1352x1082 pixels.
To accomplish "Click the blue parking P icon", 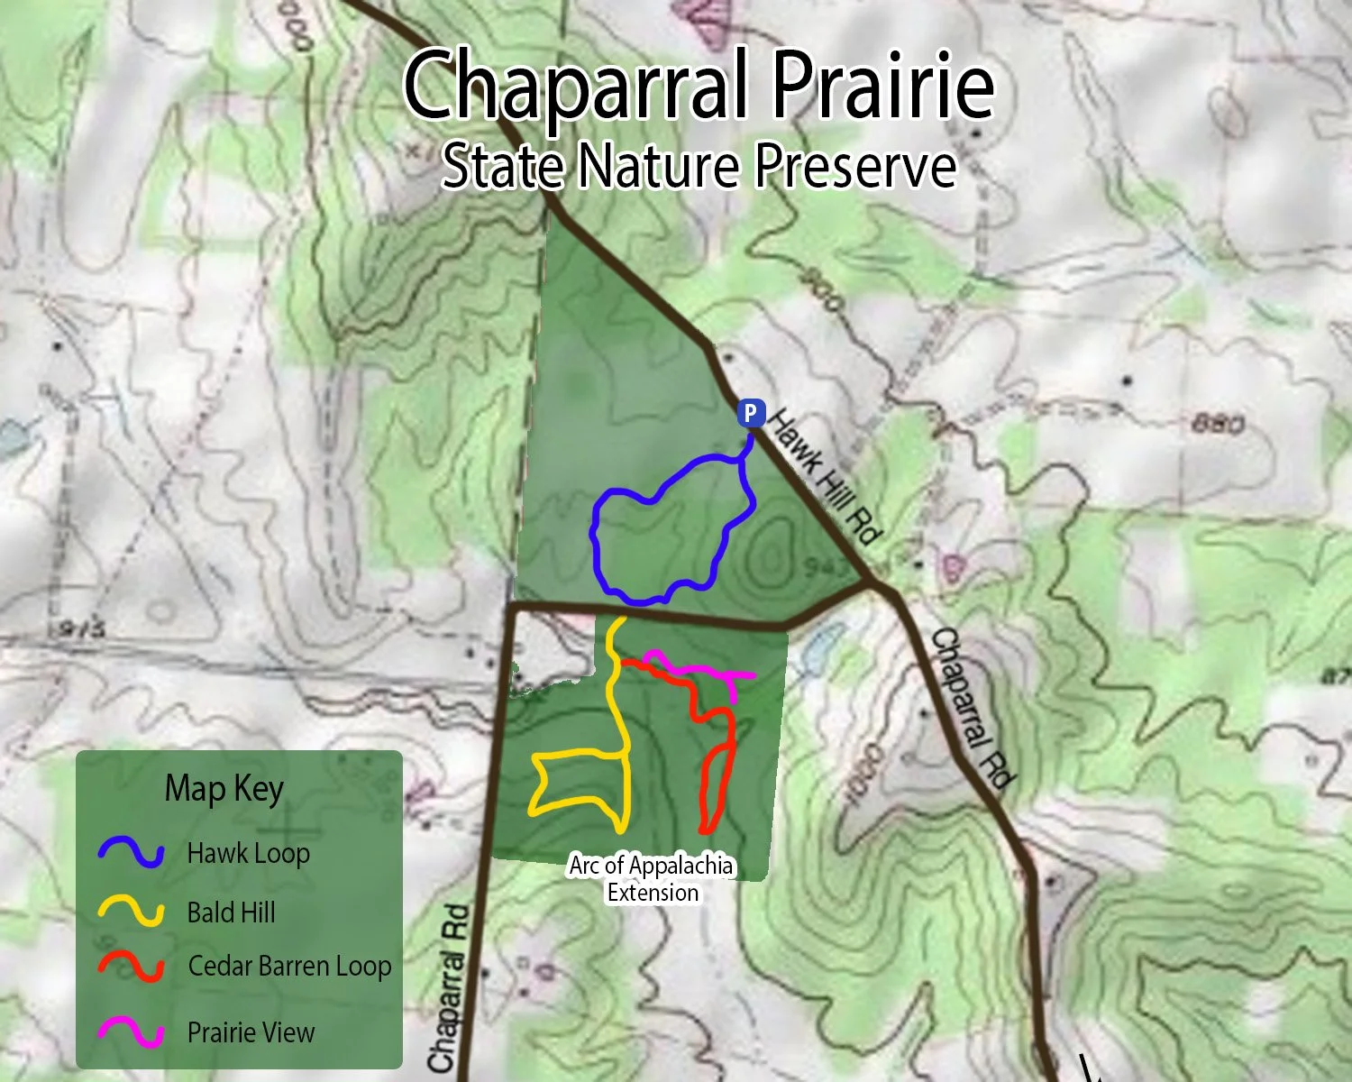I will point(751,413).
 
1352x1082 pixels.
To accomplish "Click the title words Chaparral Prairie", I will point(699,86).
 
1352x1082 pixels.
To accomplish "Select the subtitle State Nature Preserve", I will point(699,166).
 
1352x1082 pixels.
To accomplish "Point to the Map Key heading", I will point(224,789).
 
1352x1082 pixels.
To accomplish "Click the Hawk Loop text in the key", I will point(248,853).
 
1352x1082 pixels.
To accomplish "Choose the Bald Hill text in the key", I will point(231,912).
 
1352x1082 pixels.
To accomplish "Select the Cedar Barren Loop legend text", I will point(289,967).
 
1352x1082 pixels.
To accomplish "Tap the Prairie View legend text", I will point(251,1032).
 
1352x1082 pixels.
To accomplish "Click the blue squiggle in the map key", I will point(132,852).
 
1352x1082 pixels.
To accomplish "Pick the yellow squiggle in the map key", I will point(132,912).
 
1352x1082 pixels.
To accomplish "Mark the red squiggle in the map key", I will point(132,966).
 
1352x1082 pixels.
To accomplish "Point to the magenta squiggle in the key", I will point(132,1032).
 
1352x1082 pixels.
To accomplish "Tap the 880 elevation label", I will point(1218,423).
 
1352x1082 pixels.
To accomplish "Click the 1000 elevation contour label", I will point(861,772).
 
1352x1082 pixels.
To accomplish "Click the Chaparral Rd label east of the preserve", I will point(972,708).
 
